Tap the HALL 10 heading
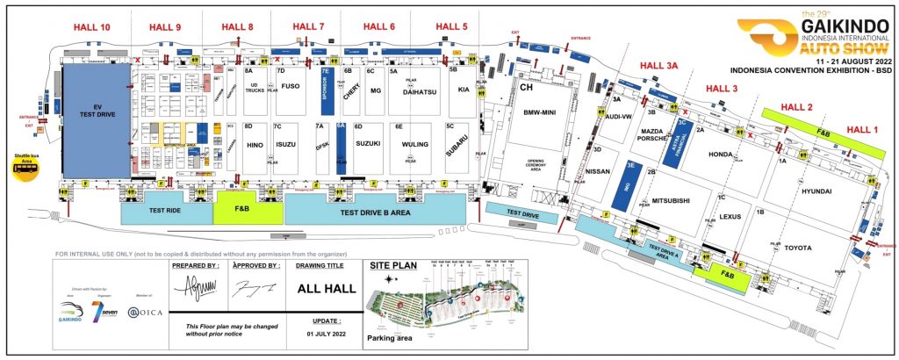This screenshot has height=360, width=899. [93, 28]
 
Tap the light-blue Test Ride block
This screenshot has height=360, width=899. [166, 211]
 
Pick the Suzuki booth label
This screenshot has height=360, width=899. [367, 142]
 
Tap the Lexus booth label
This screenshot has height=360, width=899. [730, 216]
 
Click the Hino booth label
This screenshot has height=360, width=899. [255, 144]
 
